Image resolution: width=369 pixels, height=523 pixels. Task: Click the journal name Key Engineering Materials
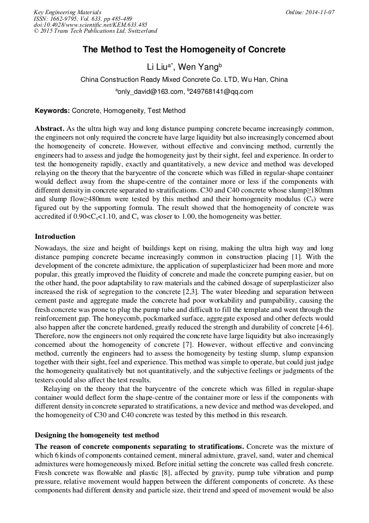(x=67, y=12)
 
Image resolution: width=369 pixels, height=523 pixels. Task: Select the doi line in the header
(x=90, y=25)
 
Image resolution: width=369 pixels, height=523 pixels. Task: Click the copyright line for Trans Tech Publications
(x=95, y=32)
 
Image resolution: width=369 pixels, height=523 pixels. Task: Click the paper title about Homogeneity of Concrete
(x=184, y=50)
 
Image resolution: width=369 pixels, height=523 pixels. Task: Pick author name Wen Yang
(x=199, y=67)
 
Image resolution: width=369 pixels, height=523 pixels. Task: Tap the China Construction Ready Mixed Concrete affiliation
(x=184, y=80)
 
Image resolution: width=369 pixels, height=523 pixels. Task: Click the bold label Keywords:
(x=52, y=111)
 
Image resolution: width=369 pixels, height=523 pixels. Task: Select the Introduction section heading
(x=55, y=237)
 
